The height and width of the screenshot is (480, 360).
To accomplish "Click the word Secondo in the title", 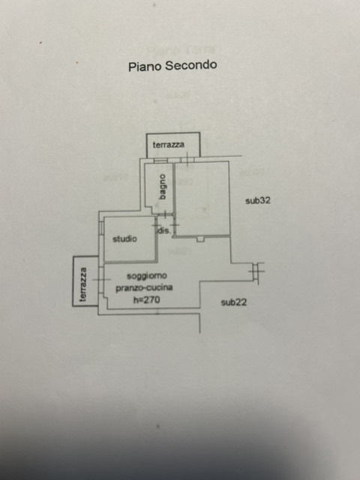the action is (190, 65).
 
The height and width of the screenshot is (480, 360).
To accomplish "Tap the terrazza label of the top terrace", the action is (168, 145).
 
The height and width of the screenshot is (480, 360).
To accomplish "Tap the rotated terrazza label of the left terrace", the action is (83, 284).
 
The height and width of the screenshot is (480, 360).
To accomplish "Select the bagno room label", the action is (163, 187).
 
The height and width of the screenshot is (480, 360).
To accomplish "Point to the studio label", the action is (124, 238).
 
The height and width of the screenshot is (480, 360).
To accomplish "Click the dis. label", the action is (163, 230).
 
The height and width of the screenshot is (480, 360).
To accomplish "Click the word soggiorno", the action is (147, 276).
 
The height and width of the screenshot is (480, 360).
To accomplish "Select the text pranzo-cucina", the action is (144, 288).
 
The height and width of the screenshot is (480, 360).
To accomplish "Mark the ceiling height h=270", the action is (147, 300).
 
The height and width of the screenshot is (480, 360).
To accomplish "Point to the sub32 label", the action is (258, 201).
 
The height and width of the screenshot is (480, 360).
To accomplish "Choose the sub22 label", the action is (234, 302).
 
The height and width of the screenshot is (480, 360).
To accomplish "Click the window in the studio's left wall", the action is (101, 228).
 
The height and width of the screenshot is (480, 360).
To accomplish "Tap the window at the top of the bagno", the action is (160, 160).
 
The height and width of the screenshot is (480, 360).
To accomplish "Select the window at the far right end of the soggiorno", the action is (256, 271).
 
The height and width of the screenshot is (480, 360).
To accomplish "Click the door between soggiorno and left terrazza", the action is (101, 280).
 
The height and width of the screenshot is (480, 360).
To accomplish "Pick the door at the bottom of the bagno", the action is (165, 214).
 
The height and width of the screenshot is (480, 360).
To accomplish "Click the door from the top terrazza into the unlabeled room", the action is (187, 160).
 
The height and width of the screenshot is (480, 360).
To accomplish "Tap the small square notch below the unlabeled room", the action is (200, 238).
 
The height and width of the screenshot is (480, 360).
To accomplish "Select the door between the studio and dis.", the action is (156, 226).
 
